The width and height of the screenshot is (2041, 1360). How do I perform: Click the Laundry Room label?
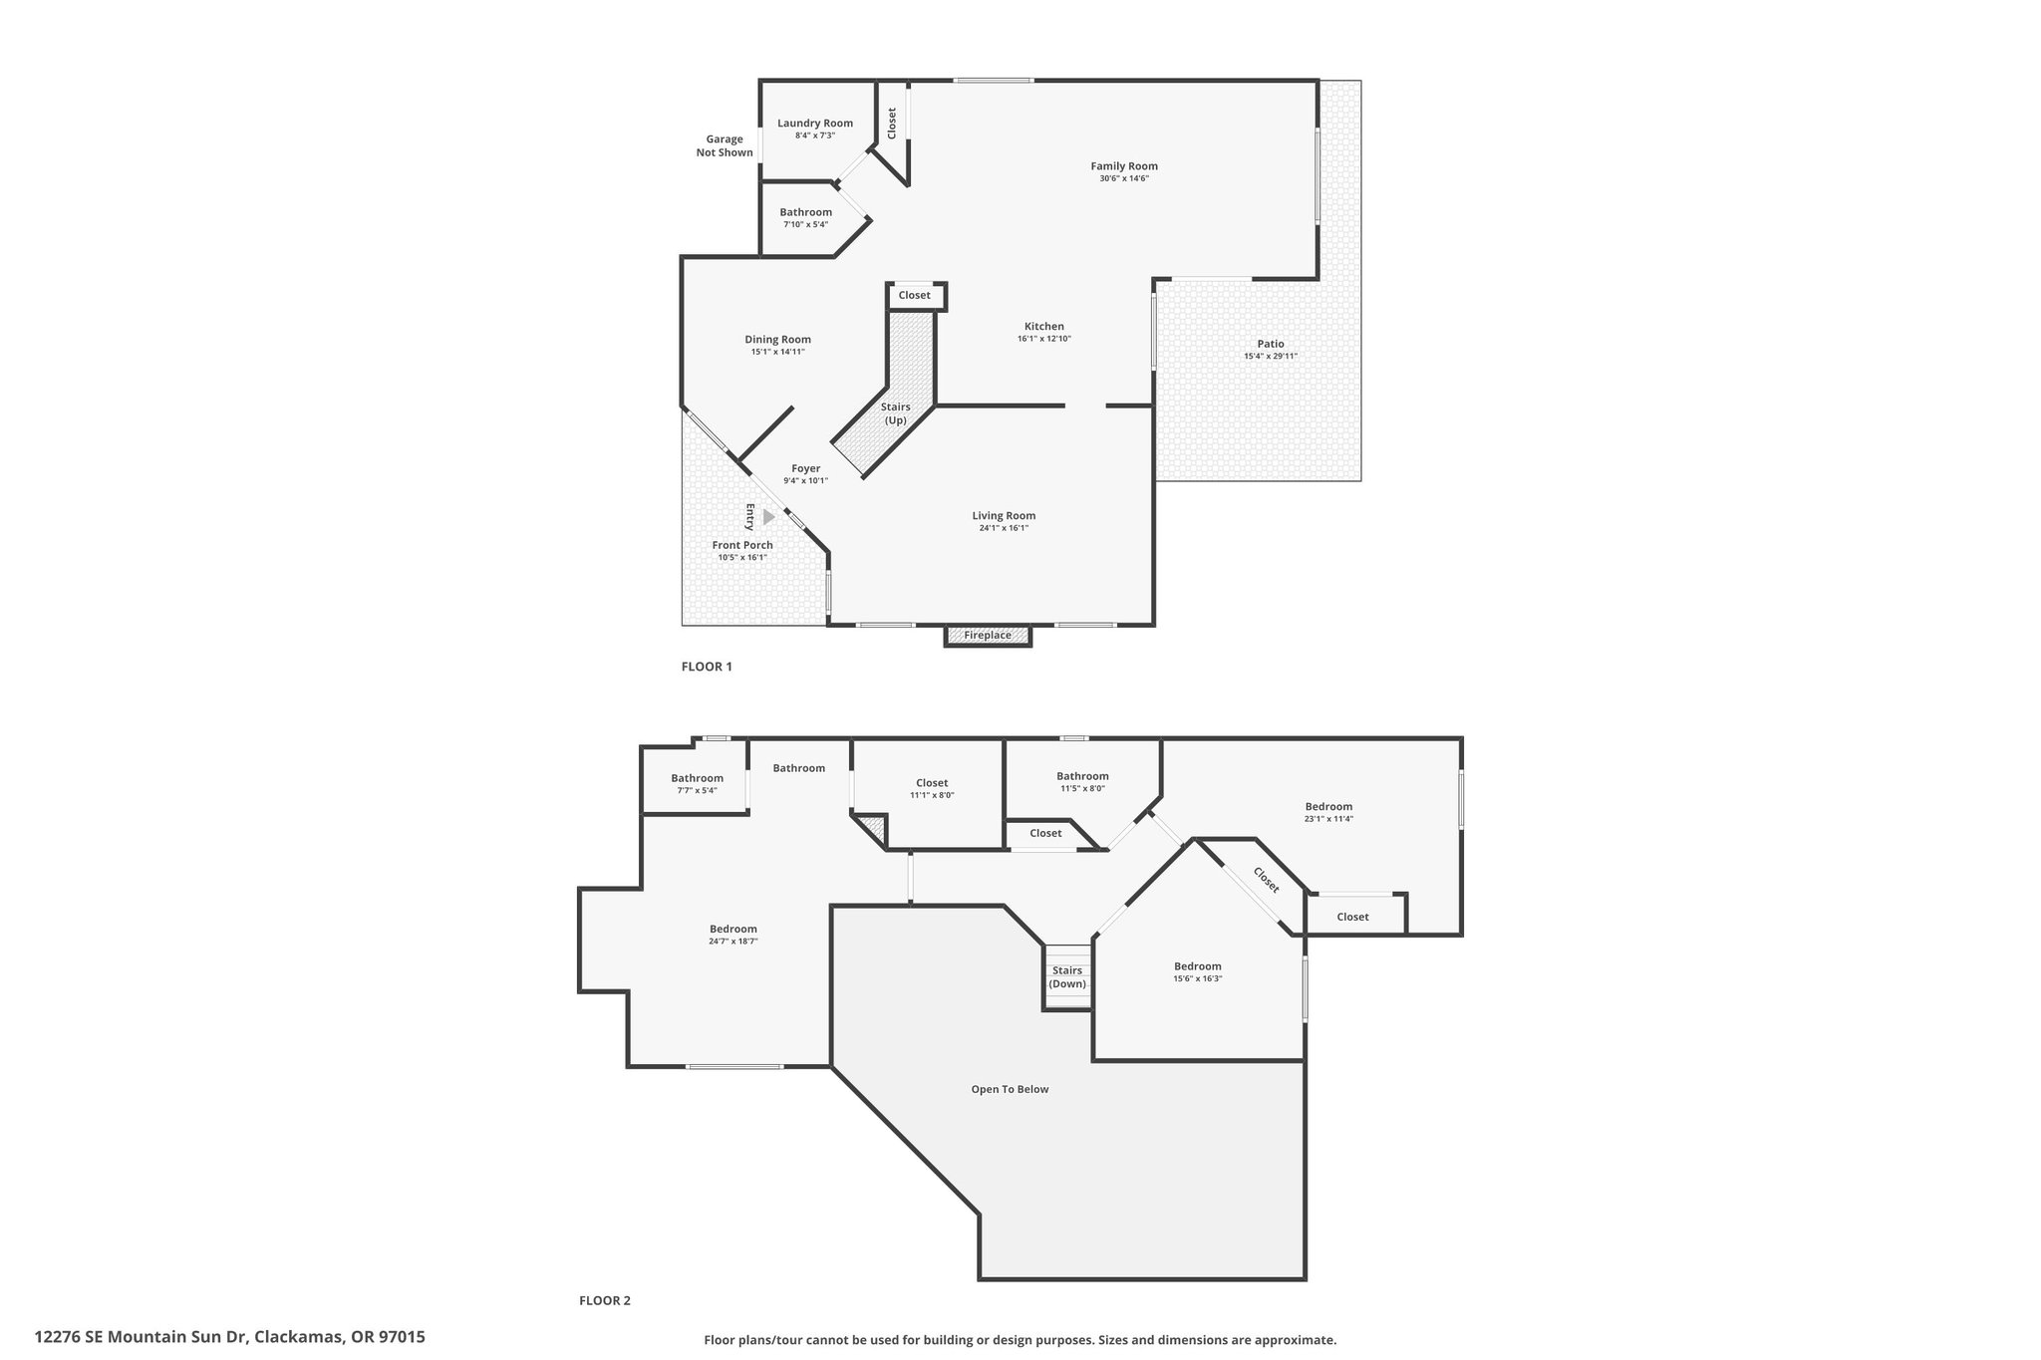coord(815,124)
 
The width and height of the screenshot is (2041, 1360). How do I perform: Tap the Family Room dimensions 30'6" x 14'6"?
coord(1124,178)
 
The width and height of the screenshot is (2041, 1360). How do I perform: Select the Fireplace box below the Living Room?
coord(988,636)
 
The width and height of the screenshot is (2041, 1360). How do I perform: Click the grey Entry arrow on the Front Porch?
coord(768,517)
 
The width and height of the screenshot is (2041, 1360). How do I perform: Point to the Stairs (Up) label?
coord(896,413)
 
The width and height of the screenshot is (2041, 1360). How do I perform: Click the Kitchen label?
coord(1044,327)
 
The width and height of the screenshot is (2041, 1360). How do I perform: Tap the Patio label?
coord(1271,344)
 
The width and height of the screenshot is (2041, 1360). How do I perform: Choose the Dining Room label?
coord(778,340)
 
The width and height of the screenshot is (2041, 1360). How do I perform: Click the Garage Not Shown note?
coord(725,146)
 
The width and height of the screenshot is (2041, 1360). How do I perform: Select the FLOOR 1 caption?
coord(707,667)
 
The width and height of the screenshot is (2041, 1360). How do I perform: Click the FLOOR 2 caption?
coord(605,1300)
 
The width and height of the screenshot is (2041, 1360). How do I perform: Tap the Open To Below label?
coord(1011,1089)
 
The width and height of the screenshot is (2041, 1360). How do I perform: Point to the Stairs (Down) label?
coord(1067,977)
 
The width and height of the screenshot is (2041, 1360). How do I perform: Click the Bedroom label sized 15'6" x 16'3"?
coord(1198,966)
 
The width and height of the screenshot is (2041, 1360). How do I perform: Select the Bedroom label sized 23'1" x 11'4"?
coord(1329,807)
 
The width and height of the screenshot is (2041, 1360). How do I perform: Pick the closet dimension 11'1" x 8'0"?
coord(932,795)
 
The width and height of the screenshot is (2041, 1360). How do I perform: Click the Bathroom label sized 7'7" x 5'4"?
coord(698,778)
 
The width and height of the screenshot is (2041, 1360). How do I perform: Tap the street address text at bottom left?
coord(230,1337)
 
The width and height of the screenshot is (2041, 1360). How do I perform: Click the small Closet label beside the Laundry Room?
coord(892,123)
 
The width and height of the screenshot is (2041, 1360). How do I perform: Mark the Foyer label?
coord(806,468)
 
